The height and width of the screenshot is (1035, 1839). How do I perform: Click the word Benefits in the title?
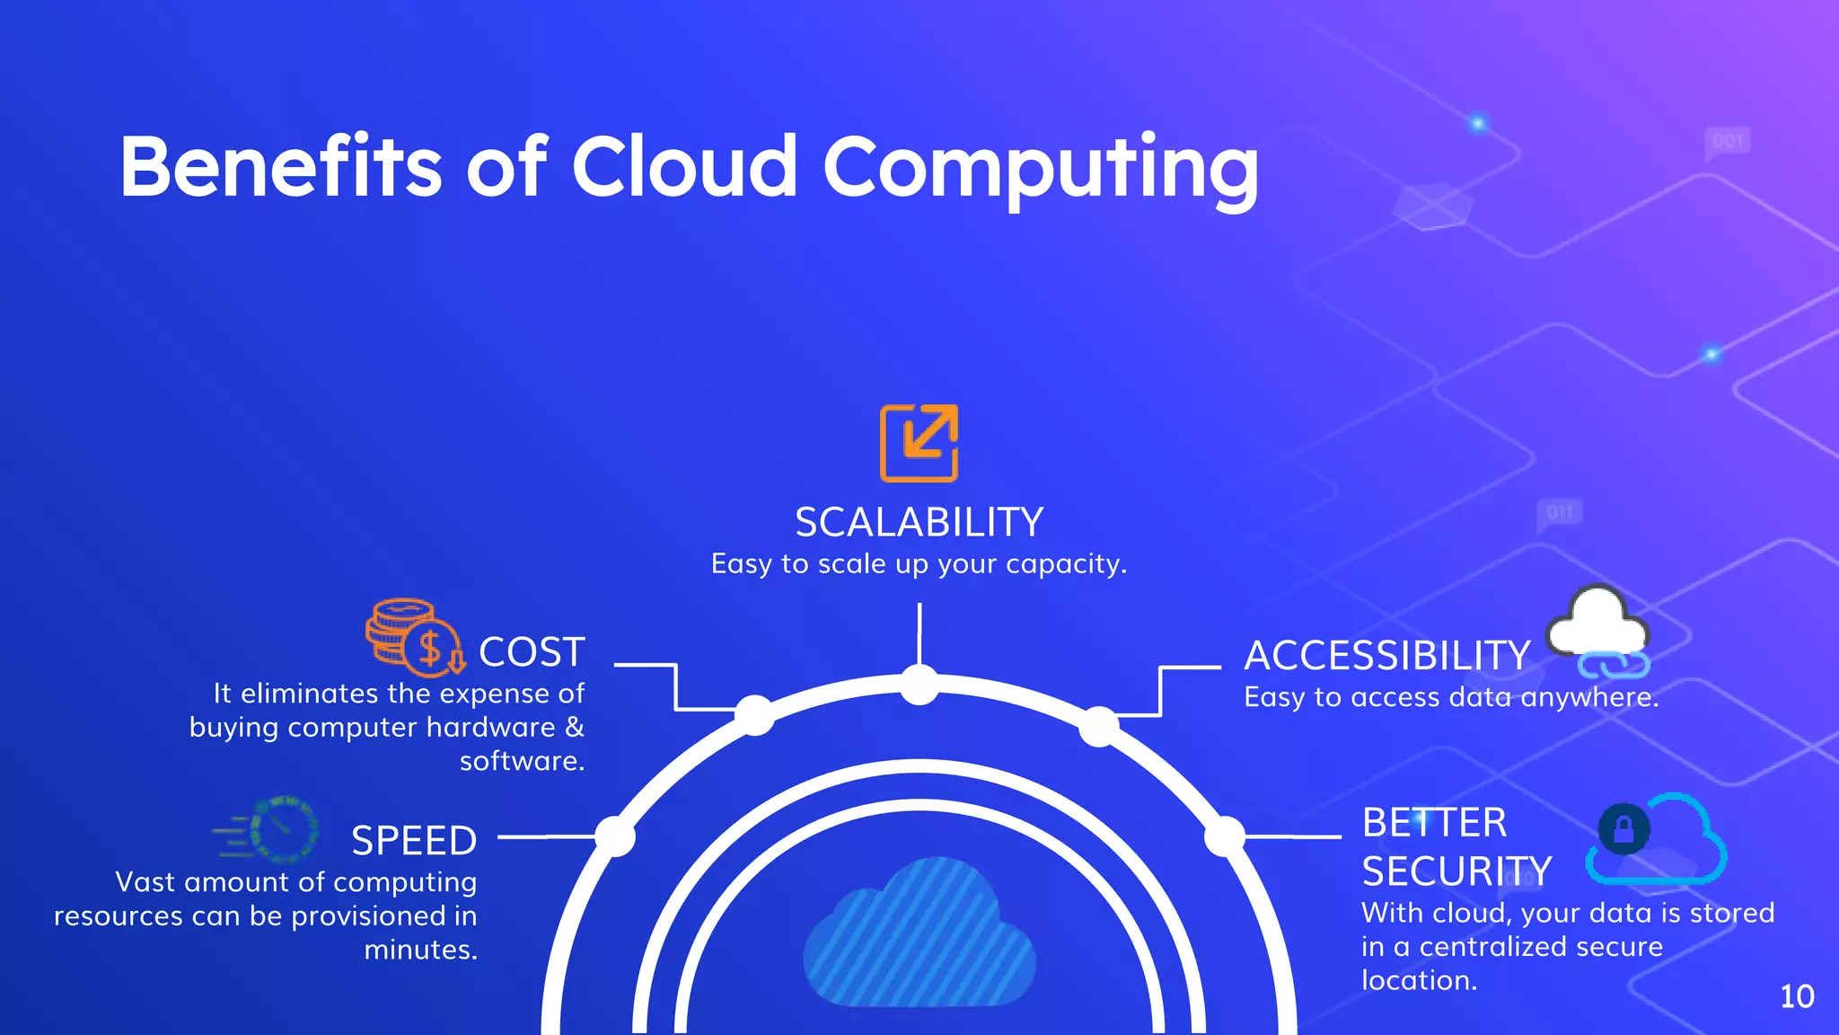coord(281,167)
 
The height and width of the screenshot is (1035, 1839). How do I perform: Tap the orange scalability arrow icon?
coord(919,443)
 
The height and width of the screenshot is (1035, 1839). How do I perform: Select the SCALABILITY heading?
coord(919,523)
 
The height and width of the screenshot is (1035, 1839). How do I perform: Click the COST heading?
coord(532,652)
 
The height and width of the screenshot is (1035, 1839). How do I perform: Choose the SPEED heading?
coord(414,841)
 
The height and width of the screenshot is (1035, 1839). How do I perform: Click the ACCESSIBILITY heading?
coord(1387,656)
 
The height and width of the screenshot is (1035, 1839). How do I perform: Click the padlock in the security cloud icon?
coord(1623,827)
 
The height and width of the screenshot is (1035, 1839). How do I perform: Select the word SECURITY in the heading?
coord(1456,871)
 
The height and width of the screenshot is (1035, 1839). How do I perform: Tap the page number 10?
coord(1797,996)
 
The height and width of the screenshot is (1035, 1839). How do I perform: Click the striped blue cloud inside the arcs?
coord(919,934)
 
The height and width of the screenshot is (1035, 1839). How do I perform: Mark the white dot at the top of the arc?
coord(919,686)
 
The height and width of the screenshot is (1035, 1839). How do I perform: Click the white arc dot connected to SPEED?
coord(615,836)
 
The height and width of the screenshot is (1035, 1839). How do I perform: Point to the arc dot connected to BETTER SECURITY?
coord(1224,836)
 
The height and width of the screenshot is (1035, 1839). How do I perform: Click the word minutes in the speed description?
coord(420,950)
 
